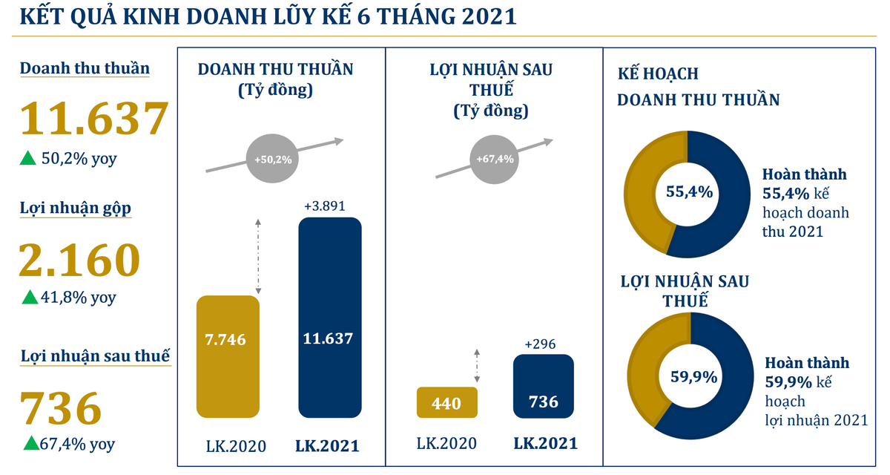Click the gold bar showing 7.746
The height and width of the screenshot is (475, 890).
click(227, 356)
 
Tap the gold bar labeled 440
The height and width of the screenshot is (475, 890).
click(446, 403)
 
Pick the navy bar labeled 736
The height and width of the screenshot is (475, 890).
click(543, 386)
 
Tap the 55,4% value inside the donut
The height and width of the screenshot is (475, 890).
click(689, 192)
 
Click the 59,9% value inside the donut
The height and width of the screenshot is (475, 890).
click(693, 376)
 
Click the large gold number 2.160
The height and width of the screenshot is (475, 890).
click(79, 260)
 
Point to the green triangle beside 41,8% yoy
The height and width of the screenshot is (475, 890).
click(29, 298)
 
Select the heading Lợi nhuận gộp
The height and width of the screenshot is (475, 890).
click(75, 209)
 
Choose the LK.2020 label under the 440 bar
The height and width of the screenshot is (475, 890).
click(446, 444)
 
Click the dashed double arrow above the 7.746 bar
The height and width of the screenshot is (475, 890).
click(257, 257)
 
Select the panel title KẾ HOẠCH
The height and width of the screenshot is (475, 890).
click(658, 75)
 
